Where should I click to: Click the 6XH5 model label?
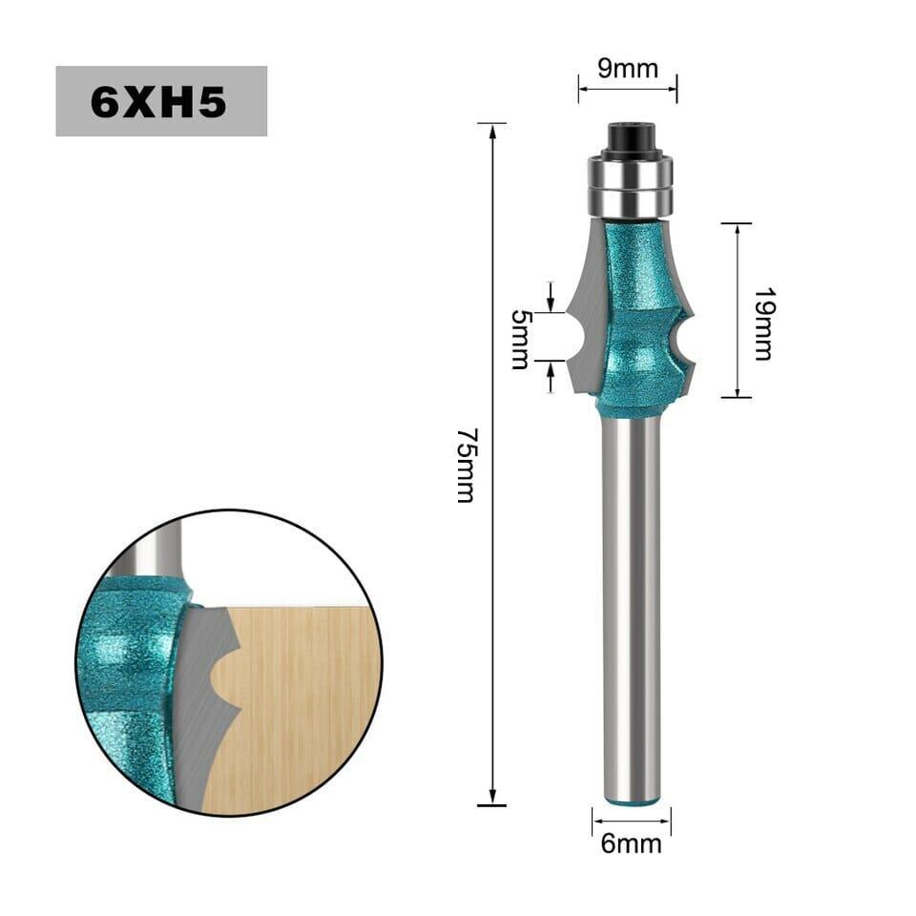(158, 102)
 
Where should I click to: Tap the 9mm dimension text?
(628, 69)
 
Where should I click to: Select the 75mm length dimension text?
(468, 466)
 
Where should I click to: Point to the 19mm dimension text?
(763, 323)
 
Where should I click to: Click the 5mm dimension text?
(521, 340)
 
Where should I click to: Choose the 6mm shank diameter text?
(632, 843)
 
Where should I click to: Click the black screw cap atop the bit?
(630, 137)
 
